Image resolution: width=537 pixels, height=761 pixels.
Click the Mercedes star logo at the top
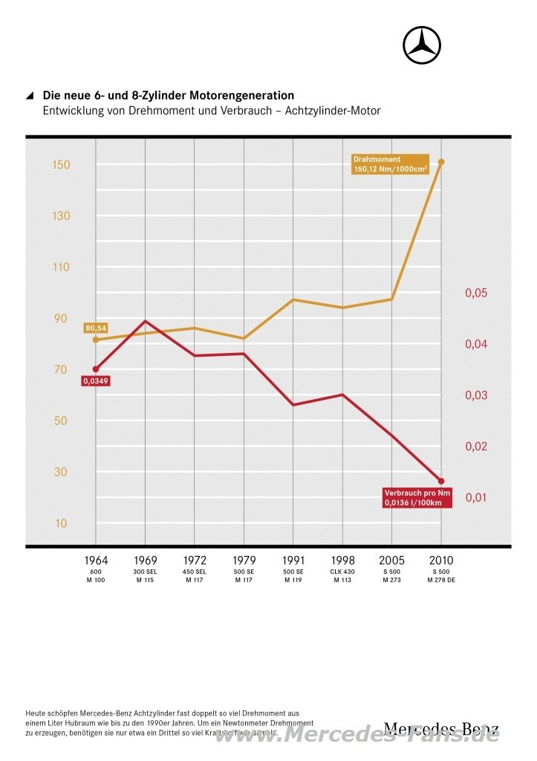pyautogui.click(x=422, y=45)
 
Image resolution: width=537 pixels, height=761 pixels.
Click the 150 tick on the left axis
pyautogui.click(x=60, y=165)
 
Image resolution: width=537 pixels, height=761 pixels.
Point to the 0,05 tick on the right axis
pyautogui.click(x=476, y=294)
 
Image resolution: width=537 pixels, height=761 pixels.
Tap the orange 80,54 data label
pyautogui.click(x=97, y=328)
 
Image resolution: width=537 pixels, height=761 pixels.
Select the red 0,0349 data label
pyautogui.click(x=95, y=381)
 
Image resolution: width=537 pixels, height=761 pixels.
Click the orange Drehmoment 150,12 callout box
pyautogui.click(x=391, y=164)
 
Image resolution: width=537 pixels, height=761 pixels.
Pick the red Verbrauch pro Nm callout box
pyautogui.click(x=417, y=498)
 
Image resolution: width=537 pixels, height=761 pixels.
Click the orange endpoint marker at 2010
pyautogui.click(x=441, y=162)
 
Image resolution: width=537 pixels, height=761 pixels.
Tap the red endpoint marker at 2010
pyautogui.click(x=441, y=482)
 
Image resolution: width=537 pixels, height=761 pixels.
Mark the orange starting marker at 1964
pyautogui.click(x=96, y=340)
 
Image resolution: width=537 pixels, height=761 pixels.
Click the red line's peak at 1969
pyautogui.click(x=146, y=321)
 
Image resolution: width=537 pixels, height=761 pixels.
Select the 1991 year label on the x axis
pyautogui.click(x=293, y=560)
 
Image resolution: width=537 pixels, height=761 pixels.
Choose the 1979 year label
pyautogui.click(x=244, y=560)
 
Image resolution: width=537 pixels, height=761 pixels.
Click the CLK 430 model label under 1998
pyautogui.click(x=342, y=571)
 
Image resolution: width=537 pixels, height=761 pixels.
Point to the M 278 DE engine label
pyautogui.click(x=441, y=580)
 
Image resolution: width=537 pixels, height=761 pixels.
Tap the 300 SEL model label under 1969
pyautogui.click(x=145, y=571)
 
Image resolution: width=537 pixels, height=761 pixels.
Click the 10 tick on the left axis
pyautogui.click(x=60, y=523)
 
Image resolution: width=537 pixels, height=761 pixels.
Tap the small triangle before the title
pyautogui.click(x=30, y=96)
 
